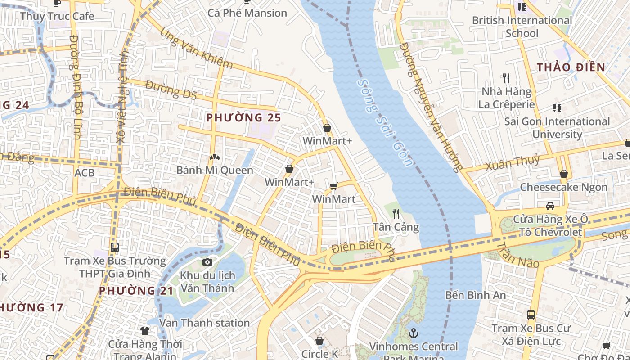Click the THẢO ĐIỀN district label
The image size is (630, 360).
[x=571, y=67]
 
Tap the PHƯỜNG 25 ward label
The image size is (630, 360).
[x=243, y=118]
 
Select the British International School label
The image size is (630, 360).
[x=522, y=27]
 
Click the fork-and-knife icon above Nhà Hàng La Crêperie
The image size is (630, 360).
[x=506, y=78]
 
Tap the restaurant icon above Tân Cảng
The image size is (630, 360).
[x=396, y=213]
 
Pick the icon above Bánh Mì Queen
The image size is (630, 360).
[x=215, y=157]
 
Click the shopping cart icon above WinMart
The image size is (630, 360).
[x=333, y=186]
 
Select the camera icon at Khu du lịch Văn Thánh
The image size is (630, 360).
[x=207, y=262]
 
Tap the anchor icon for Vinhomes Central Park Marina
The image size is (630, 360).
[x=413, y=333]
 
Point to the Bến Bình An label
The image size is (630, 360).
[x=476, y=295]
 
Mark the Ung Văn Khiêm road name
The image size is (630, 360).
[x=196, y=49]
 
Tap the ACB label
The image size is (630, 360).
[x=85, y=173]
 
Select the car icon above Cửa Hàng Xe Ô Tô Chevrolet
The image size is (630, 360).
[x=550, y=206]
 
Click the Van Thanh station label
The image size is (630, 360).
[x=204, y=323]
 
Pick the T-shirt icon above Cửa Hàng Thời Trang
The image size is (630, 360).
[x=144, y=331]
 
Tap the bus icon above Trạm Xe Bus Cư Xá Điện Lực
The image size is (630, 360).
[x=531, y=315]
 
